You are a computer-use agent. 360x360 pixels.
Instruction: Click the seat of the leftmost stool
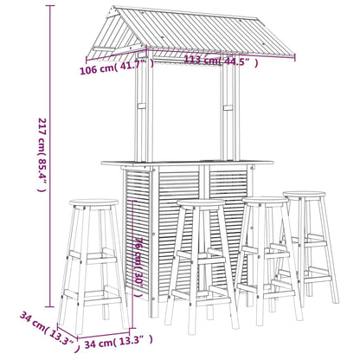tap(94, 204)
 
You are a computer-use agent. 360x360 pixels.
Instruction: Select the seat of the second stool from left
tap(200, 205)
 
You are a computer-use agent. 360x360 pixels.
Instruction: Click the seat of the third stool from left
tap(265, 202)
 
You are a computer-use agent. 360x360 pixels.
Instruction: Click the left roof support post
tap(148, 112)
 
